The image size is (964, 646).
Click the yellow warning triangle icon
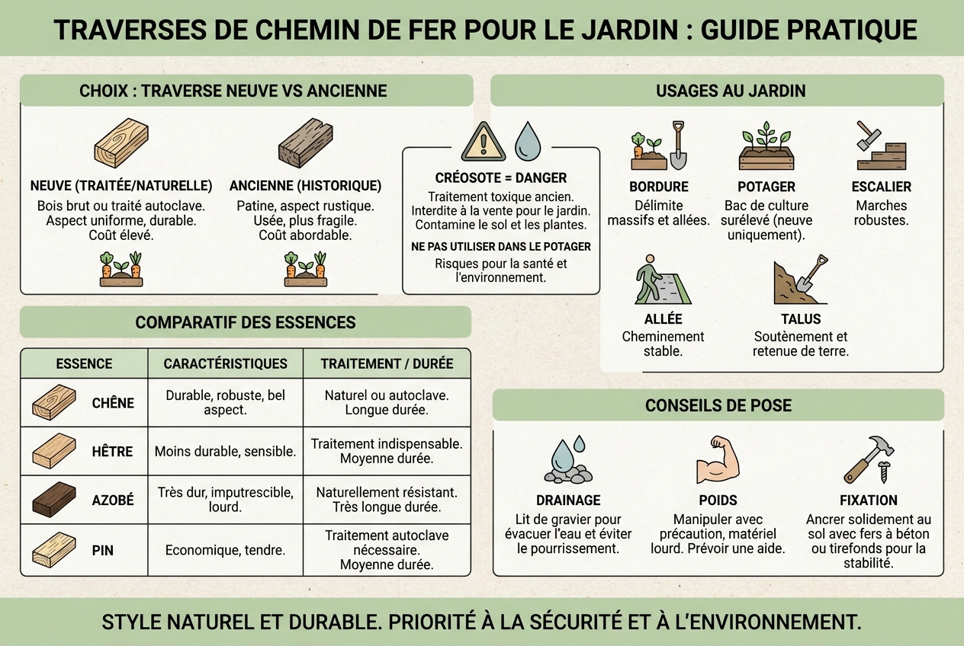pyautogui.click(x=483, y=142)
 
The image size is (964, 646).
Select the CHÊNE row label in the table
pyautogui.click(x=113, y=403)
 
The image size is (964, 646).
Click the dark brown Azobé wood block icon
pyautogui.click(x=54, y=499)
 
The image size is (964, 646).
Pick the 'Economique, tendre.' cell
pyautogui.click(x=225, y=550)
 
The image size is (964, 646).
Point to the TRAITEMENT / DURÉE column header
pyautogui.click(x=387, y=363)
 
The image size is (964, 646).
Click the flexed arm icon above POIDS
pyautogui.click(x=718, y=460)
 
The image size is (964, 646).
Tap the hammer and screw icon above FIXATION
pyautogui.click(x=869, y=460)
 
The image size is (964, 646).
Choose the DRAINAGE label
pyautogui.click(x=568, y=500)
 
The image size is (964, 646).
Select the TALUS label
pyautogui.click(x=801, y=319)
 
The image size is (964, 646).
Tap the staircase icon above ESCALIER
pyautogui.click(x=882, y=146)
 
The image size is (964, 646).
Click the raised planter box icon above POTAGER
pyautogui.click(x=766, y=146)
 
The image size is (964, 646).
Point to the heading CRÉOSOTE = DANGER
pyautogui.click(x=500, y=178)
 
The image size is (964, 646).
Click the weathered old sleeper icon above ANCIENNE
pyautogui.click(x=306, y=143)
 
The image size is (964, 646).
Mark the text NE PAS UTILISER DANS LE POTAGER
pyautogui.click(x=501, y=247)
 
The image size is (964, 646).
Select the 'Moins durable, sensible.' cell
pyautogui.click(x=225, y=451)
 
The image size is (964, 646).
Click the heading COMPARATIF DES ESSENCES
pyautogui.click(x=246, y=322)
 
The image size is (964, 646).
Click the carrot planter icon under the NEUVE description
pyautogui.click(x=121, y=269)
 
